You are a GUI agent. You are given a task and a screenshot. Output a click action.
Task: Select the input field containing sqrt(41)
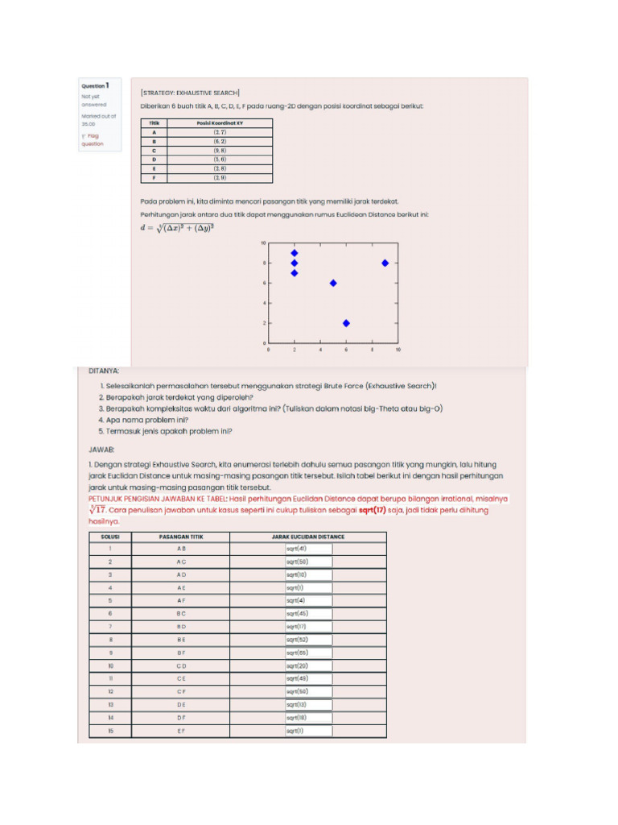tap(308, 549)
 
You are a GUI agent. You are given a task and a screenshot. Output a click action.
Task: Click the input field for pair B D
tap(308, 627)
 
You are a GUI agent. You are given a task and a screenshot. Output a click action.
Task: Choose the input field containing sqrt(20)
tap(308, 665)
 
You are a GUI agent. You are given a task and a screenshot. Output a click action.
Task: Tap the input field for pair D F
tap(308, 718)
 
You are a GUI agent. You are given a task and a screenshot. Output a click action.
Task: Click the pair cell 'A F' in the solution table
tap(181, 600)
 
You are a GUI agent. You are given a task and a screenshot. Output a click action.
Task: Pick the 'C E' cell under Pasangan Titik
tap(181, 678)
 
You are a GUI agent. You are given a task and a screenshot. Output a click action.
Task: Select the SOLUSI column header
tap(109, 537)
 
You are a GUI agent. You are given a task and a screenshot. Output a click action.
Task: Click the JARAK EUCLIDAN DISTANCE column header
tap(308, 537)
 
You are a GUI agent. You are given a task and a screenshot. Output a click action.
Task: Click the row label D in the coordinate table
tap(154, 160)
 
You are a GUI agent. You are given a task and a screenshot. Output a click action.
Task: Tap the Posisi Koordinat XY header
tap(220, 123)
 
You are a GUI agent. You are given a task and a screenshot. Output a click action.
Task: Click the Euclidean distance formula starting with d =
tap(177, 228)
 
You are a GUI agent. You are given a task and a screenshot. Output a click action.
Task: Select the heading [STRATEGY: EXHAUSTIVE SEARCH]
tap(189, 93)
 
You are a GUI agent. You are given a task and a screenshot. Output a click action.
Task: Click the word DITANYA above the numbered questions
tap(104, 371)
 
